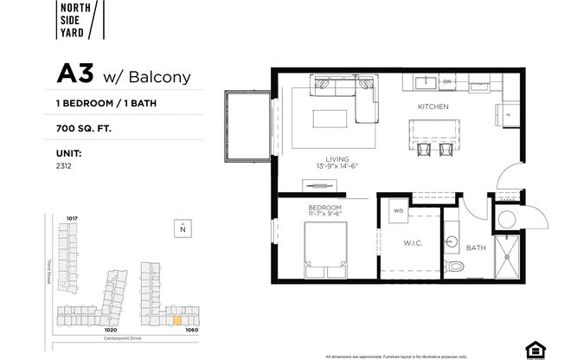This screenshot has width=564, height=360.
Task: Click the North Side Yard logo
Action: tap(81, 20)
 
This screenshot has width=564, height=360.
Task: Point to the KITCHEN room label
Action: tap(432, 106)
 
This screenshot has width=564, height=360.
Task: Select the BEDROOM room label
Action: tap(325, 208)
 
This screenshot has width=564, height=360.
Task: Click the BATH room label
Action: tap(477, 247)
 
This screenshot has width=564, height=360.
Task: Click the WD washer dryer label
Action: tap(399, 210)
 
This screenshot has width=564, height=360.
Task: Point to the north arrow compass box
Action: tap(183, 228)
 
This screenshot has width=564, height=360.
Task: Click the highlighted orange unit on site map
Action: tap(177, 319)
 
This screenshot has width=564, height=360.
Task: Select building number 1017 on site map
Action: tap(73, 218)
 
